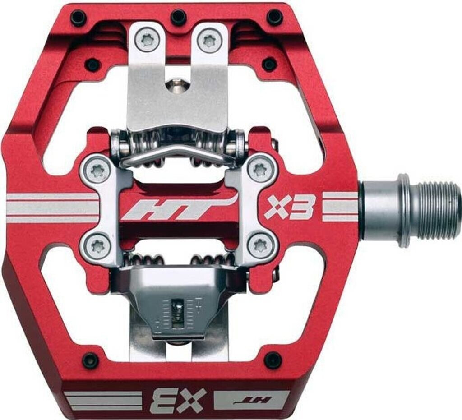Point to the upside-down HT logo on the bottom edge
[251, 399]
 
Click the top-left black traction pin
[78, 18]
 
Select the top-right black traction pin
[274, 17]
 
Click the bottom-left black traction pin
[90, 360]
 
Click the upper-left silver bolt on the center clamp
[97, 170]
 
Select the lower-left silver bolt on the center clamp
[97, 246]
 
